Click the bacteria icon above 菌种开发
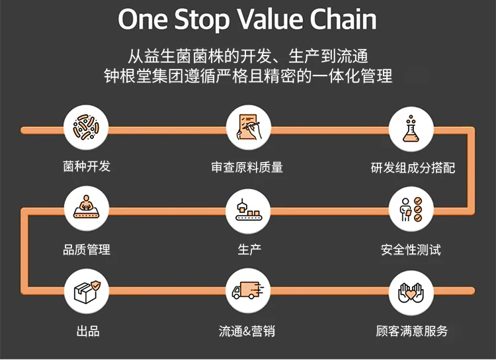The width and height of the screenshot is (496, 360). (86, 128)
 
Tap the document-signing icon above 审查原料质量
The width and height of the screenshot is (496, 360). (249, 128)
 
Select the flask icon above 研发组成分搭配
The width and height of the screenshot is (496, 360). (411, 129)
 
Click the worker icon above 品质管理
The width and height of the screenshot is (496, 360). (87, 208)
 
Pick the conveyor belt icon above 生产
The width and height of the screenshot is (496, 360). (248, 210)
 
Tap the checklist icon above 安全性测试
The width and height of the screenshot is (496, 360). (411, 209)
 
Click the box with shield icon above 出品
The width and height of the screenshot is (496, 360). (87, 291)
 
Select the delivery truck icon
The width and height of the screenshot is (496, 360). (248, 291)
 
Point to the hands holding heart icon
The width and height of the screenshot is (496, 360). (411, 293)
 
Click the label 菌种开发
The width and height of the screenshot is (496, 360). (87, 166)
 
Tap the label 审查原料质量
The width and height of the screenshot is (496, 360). (247, 167)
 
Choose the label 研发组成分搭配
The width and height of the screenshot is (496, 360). (413, 168)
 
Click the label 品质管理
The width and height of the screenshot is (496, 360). (87, 249)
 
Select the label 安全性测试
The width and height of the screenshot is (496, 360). (411, 249)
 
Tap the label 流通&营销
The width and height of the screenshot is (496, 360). (247, 331)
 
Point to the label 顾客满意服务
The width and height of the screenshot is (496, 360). (412, 331)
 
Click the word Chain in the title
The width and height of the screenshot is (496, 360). (343, 19)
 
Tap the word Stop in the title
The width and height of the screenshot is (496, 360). (202, 20)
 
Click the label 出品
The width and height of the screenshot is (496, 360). (88, 332)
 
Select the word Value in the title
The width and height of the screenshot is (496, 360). (270, 19)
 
